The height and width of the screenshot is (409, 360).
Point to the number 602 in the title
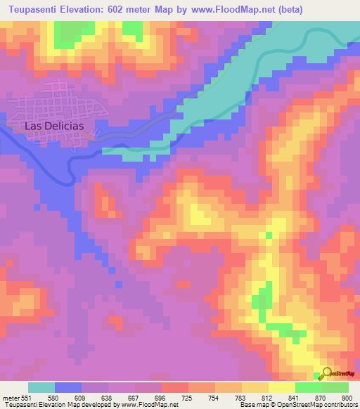(x=126, y=9)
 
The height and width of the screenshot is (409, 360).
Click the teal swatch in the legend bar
(x=41, y=388)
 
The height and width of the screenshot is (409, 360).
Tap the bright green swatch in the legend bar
(x=309, y=388)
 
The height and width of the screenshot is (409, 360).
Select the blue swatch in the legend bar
(x=68, y=388)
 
